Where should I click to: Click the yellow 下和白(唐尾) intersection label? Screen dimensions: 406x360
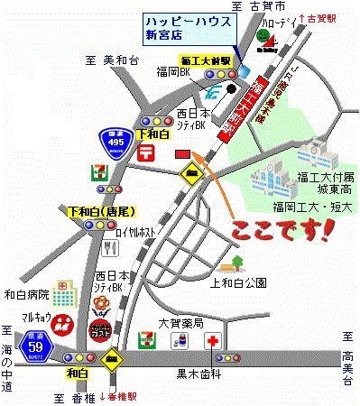101,212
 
